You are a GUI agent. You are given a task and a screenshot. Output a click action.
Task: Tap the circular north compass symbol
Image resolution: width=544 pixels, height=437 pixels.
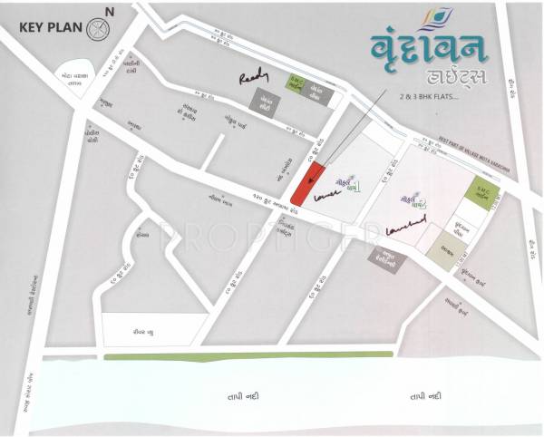point(97,27)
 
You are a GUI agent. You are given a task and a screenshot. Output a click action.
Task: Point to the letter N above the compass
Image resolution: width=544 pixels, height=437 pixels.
point(109,11)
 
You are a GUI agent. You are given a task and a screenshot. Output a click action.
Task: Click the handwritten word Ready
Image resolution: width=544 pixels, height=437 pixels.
point(253,81)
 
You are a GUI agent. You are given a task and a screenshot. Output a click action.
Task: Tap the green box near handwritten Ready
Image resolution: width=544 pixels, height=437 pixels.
point(298,83)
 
